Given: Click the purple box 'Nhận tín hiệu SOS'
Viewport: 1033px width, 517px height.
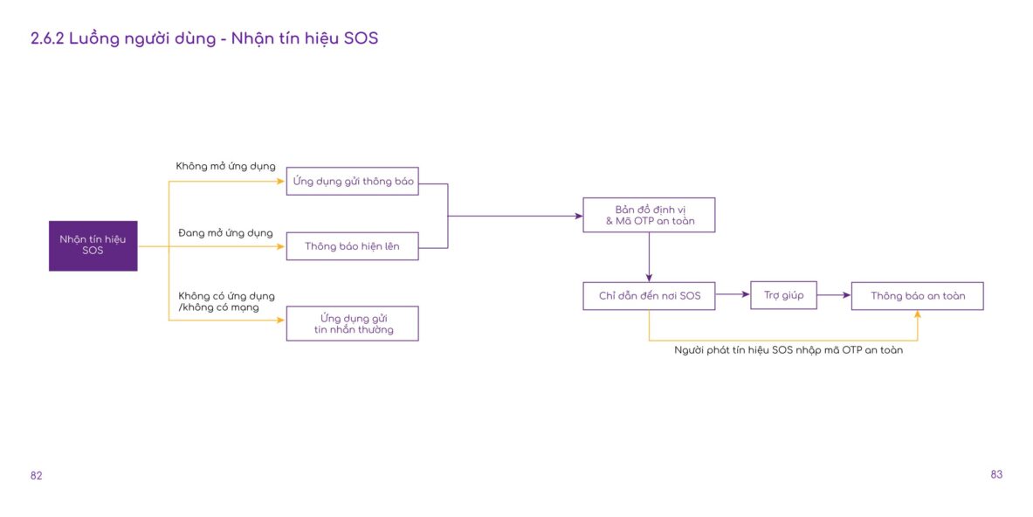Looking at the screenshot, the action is tap(93, 245).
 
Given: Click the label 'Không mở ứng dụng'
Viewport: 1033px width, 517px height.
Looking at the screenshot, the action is tap(225, 167).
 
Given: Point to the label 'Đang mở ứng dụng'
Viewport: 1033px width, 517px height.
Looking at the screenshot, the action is tap(225, 233).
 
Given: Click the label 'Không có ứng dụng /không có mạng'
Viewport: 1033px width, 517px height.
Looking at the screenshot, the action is tap(226, 301).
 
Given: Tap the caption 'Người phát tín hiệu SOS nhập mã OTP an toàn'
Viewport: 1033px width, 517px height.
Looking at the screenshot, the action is tap(789, 350).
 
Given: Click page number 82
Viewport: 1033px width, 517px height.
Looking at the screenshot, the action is tap(36, 475).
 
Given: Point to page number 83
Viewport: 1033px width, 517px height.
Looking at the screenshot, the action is tap(996, 474).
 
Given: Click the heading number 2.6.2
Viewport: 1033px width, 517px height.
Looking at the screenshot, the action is tap(47, 38).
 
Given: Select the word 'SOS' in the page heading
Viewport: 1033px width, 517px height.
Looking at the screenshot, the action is tap(361, 38).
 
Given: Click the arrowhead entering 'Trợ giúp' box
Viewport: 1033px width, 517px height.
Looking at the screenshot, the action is tap(746, 294).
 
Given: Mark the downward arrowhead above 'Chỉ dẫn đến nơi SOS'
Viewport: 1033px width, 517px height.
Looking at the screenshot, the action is tap(649, 278).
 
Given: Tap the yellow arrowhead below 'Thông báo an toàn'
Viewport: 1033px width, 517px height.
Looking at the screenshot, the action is tap(917, 314).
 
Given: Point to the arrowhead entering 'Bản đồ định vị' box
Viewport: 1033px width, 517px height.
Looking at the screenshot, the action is tap(578, 216).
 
